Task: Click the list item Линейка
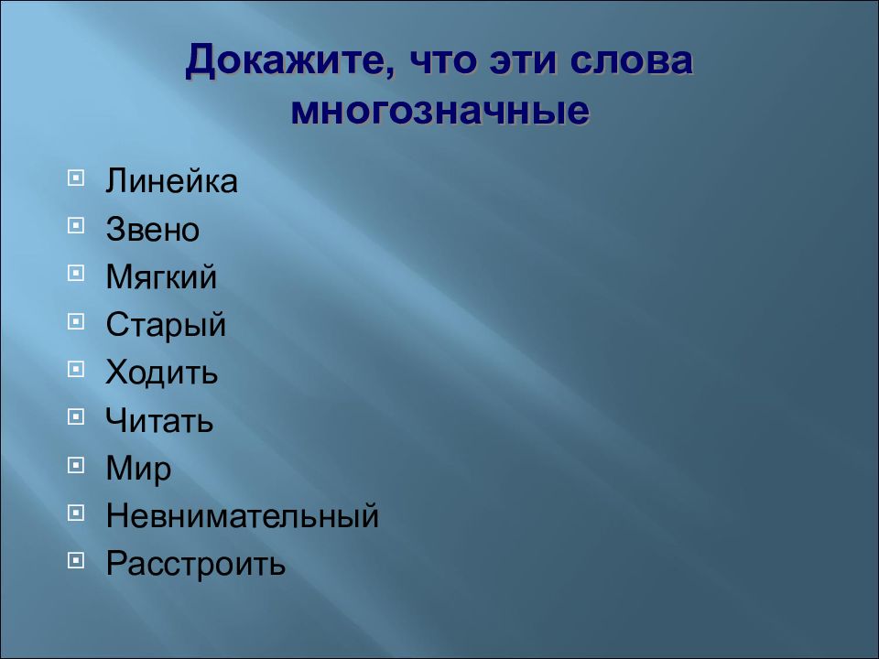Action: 171,181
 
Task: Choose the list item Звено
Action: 152,229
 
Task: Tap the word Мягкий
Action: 162,277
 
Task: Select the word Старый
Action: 166,325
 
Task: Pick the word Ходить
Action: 162,373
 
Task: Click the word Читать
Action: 159,421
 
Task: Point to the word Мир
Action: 138,469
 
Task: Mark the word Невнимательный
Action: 243,516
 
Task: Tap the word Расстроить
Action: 196,564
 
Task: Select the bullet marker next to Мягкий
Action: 76,272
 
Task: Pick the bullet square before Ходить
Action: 76,368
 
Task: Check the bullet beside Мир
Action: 76,464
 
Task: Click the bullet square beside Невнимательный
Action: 76,512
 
